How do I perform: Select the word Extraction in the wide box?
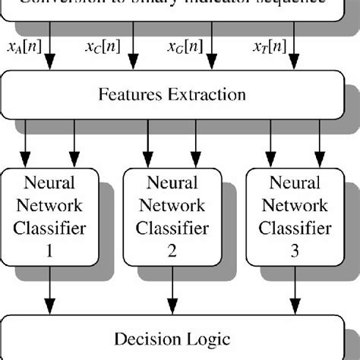point(209,96)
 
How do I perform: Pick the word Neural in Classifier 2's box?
point(172,184)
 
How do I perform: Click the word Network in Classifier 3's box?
point(295,204)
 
